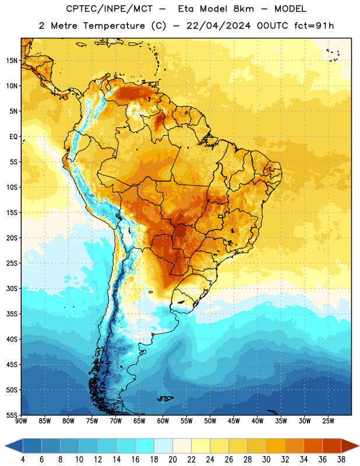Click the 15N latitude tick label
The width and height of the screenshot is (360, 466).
point(12,61)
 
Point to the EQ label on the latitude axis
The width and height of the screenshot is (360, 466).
point(13,137)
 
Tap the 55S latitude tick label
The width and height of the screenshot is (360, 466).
point(12,415)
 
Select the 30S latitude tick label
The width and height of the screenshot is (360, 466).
point(12,288)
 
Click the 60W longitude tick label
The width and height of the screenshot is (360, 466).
point(163,421)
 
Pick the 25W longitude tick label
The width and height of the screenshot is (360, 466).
point(328,421)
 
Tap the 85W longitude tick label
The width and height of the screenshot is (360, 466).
point(45,421)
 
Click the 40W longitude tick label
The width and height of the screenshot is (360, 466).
point(257,421)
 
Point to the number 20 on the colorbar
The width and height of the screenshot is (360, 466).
point(172,460)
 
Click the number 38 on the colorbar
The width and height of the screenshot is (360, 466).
point(341,460)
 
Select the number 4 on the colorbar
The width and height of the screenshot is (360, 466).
point(23,460)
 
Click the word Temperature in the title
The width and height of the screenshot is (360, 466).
point(114,26)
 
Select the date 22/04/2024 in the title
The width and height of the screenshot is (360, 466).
point(218,26)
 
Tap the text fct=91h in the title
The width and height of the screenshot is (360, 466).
point(314,26)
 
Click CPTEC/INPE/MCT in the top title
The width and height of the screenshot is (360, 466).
point(110,9)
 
